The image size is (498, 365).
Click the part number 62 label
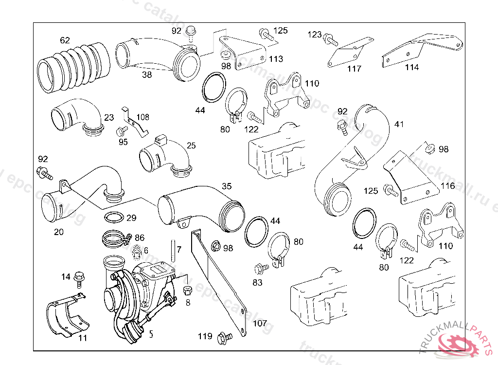pos(65,40)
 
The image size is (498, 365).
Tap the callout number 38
pos(147,75)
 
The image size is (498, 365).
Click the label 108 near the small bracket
pos(143,117)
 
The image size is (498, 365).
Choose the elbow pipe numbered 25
pos(165,156)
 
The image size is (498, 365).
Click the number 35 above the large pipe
pos(227,186)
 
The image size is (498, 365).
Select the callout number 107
pos(260,323)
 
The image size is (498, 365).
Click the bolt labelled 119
pos(224,336)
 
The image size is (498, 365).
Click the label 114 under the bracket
pos(411,68)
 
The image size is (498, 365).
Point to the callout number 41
pos(399,124)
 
